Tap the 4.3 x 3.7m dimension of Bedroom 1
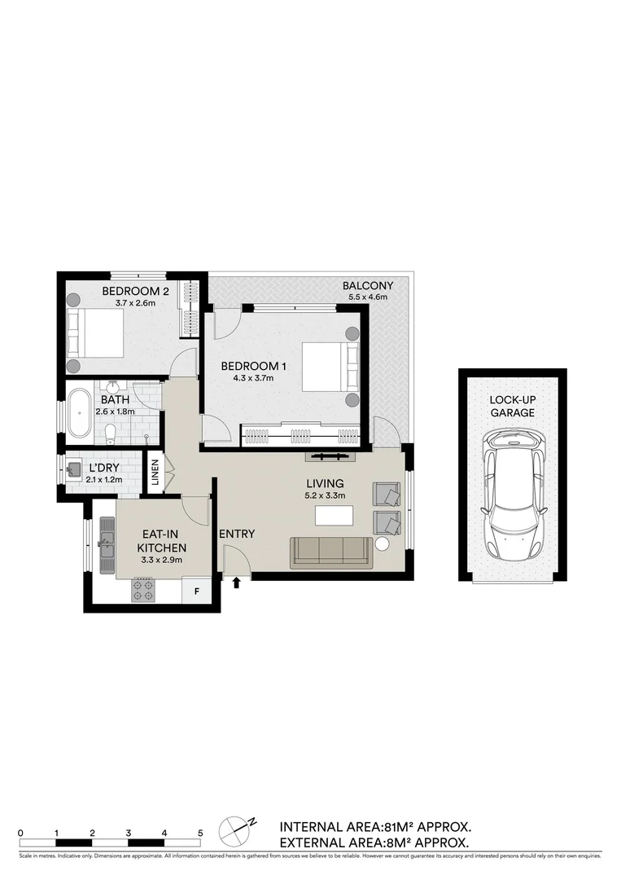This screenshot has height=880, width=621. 247,377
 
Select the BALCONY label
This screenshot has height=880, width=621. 367,285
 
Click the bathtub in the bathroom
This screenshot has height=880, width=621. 79,414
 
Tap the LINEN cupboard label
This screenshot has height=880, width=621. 155,475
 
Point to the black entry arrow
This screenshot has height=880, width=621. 237,582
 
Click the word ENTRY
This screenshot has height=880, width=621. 237,534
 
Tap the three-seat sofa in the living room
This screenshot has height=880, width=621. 331,551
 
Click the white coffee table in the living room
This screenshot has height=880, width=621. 335,515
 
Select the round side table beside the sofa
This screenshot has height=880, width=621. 382,545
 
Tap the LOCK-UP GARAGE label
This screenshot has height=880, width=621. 512,407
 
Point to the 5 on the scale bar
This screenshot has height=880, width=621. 200,832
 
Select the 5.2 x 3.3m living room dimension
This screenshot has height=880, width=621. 326,495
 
